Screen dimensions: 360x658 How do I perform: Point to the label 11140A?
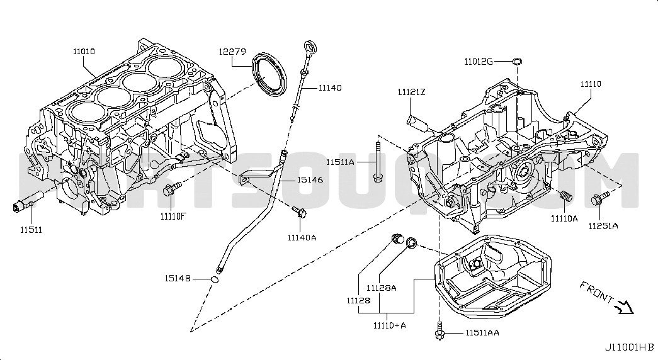point(302,237)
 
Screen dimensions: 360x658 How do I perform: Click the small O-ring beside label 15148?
point(215,280)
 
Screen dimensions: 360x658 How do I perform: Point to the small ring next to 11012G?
point(516,60)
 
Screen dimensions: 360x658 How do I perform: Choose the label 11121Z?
point(411,93)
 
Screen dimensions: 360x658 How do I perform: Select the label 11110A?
point(564,219)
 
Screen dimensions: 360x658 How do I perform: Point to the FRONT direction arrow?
point(625,307)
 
